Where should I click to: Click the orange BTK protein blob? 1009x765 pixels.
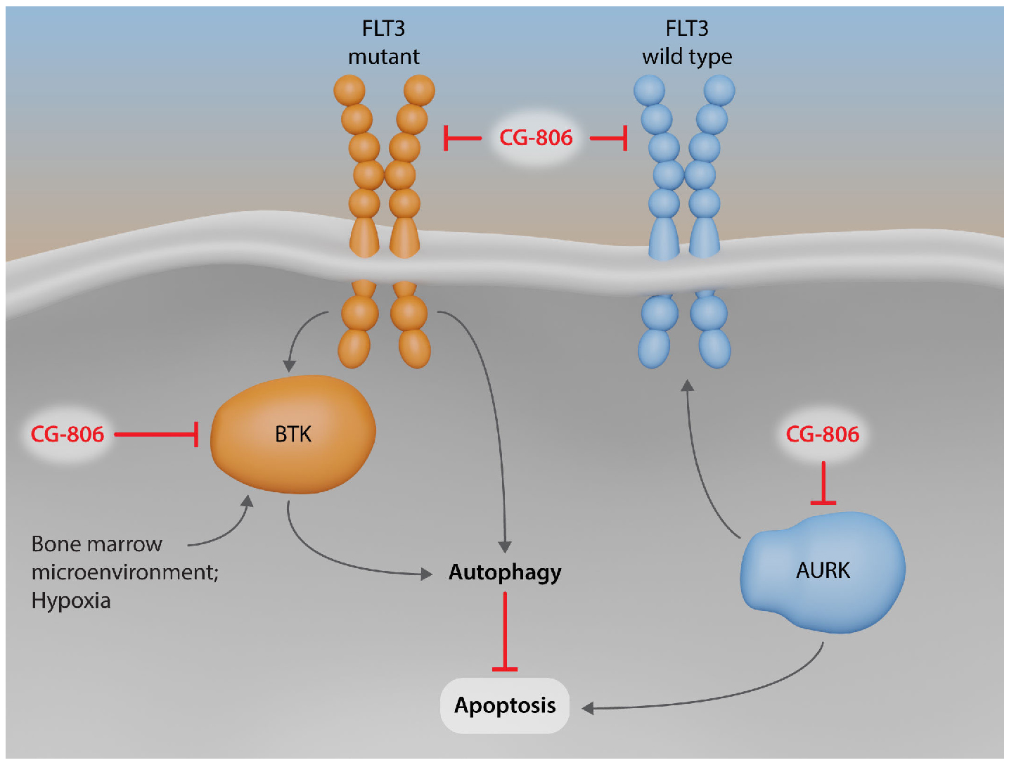pos(293,434)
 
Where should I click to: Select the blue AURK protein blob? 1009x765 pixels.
pos(823,570)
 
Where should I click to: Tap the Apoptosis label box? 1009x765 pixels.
pos(504,705)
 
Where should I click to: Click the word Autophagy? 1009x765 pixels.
pos(505,572)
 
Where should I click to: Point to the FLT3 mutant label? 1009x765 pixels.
pos(383,42)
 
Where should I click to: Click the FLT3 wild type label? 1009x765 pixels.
pos(687,42)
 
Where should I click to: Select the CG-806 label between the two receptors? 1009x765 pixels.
pos(536,138)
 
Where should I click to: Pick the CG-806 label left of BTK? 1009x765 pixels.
pos(68,435)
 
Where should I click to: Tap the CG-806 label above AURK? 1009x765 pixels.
pos(822,435)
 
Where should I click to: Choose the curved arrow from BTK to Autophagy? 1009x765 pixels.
pos(330,559)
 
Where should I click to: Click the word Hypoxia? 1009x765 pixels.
pos(71,601)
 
